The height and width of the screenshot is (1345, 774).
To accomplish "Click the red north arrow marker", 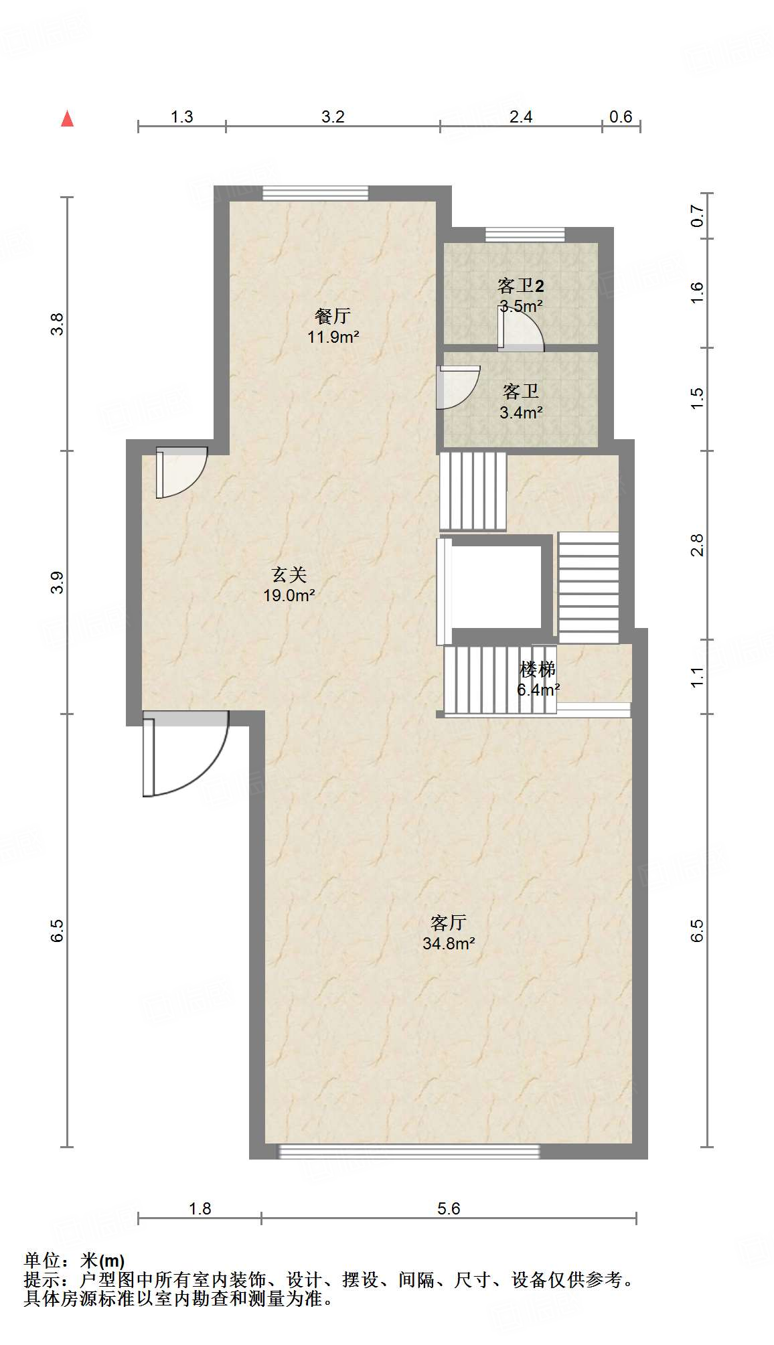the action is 67,118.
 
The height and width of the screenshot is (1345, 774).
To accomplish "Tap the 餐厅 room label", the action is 333,315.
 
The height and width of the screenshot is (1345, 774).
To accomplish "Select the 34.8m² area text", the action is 449,943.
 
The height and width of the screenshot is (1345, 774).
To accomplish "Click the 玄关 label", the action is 289,574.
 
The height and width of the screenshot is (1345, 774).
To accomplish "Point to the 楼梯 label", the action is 538,669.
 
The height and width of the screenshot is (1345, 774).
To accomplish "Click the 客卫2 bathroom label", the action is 520,286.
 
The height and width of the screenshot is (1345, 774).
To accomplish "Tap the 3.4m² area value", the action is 521,412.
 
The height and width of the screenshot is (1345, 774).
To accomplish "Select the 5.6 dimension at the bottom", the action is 449,1208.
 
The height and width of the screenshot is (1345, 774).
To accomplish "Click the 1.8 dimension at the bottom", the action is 200,1208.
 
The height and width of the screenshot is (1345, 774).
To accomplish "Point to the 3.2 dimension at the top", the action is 333,116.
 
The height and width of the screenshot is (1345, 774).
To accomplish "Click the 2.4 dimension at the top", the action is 520,116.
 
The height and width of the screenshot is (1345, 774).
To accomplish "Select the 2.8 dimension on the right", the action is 698,545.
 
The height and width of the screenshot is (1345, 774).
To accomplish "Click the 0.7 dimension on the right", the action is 698,216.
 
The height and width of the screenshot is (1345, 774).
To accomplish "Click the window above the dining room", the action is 315,193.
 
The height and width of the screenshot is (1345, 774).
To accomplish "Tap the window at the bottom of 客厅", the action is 408,1152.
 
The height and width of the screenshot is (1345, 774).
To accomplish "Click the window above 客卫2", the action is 525,235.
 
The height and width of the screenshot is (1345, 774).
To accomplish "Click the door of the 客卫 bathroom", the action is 458,387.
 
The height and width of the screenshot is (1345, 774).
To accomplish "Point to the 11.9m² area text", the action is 333,337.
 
